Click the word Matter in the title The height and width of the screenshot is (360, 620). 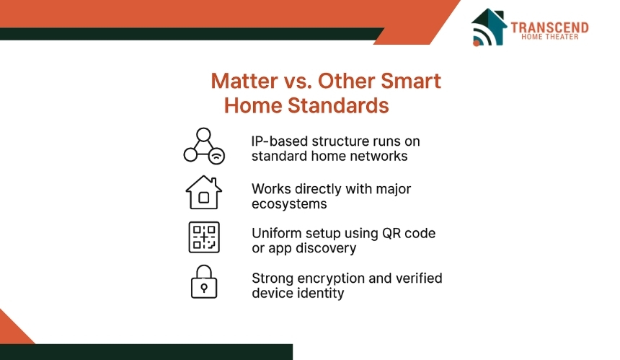[x=244, y=81]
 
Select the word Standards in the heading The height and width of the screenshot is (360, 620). [x=338, y=105]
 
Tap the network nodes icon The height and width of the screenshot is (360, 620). [x=204, y=146]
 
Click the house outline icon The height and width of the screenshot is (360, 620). [x=203, y=192]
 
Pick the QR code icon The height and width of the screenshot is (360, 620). [x=204, y=237]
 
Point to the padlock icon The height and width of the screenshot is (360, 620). [x=204, y=281]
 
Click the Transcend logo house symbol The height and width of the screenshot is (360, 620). [x=489, y=27]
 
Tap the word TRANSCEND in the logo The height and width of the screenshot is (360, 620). [x=549, y=27]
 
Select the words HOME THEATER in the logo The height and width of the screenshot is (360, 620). [x=549, y=37]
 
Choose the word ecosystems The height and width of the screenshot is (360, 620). [x=289, y=204]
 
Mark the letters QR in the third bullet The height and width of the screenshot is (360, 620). [x=391, y=234]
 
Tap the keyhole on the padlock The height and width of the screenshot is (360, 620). [x=204, y=288]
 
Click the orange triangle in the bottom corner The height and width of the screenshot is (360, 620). [x=14, y=330]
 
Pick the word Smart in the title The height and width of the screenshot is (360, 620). [x=411, y=81]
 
